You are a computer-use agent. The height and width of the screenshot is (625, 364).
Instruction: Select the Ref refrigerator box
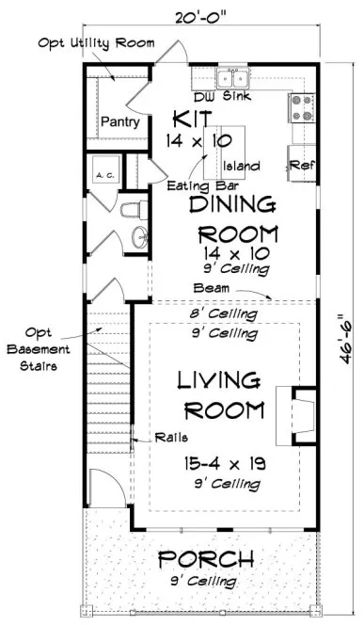point(301,164)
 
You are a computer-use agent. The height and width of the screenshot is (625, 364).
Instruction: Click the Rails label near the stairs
point(151,436)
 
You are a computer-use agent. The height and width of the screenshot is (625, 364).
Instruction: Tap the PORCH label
point(204,562)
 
